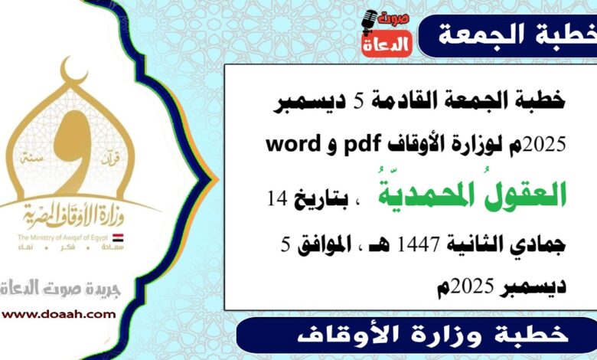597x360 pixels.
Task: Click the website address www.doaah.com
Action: click(x=58, y=313)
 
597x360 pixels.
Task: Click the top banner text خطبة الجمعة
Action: click(x=505, y=34)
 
